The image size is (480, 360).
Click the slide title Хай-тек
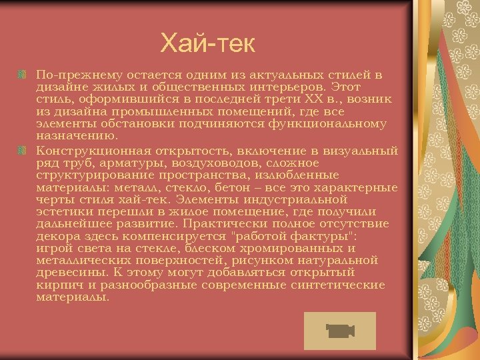(208, 45)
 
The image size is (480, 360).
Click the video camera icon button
(339, 331)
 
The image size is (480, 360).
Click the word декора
(55, 236)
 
